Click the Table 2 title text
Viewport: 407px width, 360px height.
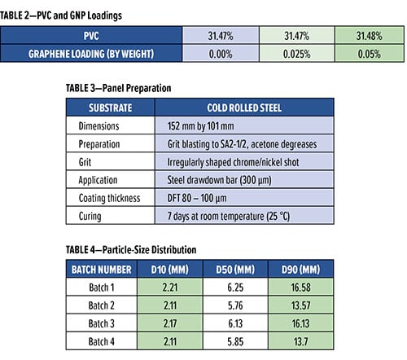pyautogui.click(x=61, y=15)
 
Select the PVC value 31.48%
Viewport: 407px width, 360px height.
pyautogui.click(x=370, y=36)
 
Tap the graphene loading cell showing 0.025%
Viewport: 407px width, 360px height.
pyautogui.click(x=297, y=54)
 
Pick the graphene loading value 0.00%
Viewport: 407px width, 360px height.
pyautogui.click(x=221, y=54)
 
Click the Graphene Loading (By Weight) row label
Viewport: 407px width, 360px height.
pyautogui.click(x=91, y=54)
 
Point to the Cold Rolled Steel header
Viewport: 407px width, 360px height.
pyautogui.click(x=244, y=108)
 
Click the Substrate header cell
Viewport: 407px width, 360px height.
pyautogui.click(x=111, y=108)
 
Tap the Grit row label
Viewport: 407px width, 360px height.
pyautogui.click(x=85, y=162)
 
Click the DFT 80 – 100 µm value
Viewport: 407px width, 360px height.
pyautogui.click(x=197, y=198)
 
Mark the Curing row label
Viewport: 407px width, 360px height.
pyautogui.click(x=90, y=217)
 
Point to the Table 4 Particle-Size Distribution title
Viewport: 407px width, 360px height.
pyautogui.click(x=131, y=249)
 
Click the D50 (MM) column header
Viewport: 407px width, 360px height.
pyautogui.click(x=235, y=270)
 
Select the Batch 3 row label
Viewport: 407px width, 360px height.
pyautogui.click(x=101, y=323)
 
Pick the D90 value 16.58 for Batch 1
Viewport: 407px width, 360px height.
pyautogui.click(x=300, y=288)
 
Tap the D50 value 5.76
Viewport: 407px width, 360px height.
pyautogui.click(x=235, y=305)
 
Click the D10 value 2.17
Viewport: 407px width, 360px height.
pyautogui.click(x=170, y=323)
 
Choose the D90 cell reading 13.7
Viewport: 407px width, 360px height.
pyautogui.click(x=300, y=341)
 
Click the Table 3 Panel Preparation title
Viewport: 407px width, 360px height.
pyautogui.click(x=119, y=88)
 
